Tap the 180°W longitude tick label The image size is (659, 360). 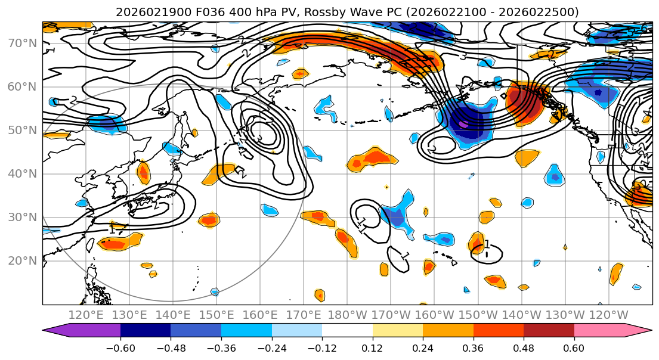coord(348,315)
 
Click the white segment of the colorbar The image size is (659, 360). coord(347,330)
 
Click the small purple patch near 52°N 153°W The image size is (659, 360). coord(463,124)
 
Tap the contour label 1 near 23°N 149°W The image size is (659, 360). coord(487,244)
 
